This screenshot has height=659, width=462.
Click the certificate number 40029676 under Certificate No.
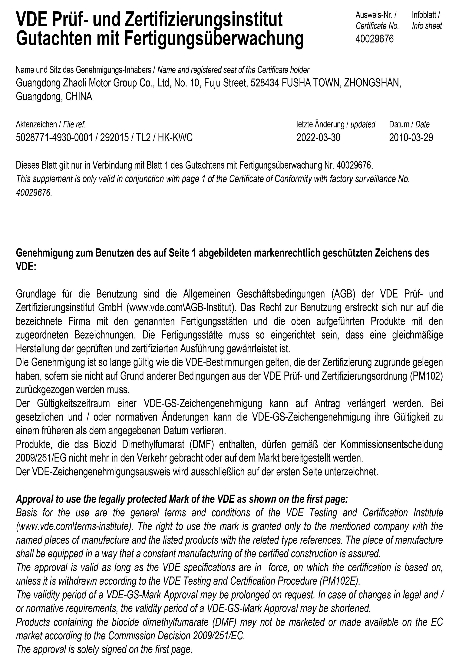pos(375,39)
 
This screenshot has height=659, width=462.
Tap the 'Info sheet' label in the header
pos(427,26)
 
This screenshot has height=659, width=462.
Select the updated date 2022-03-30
pos(318,138)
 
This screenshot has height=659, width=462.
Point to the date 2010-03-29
pos(411,138)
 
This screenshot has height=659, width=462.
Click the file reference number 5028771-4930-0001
pos(54,138)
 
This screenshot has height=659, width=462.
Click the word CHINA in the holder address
pos(79,96)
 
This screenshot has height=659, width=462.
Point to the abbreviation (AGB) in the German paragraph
pos(343,294)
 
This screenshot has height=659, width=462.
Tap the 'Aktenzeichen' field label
pos(36,125)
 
